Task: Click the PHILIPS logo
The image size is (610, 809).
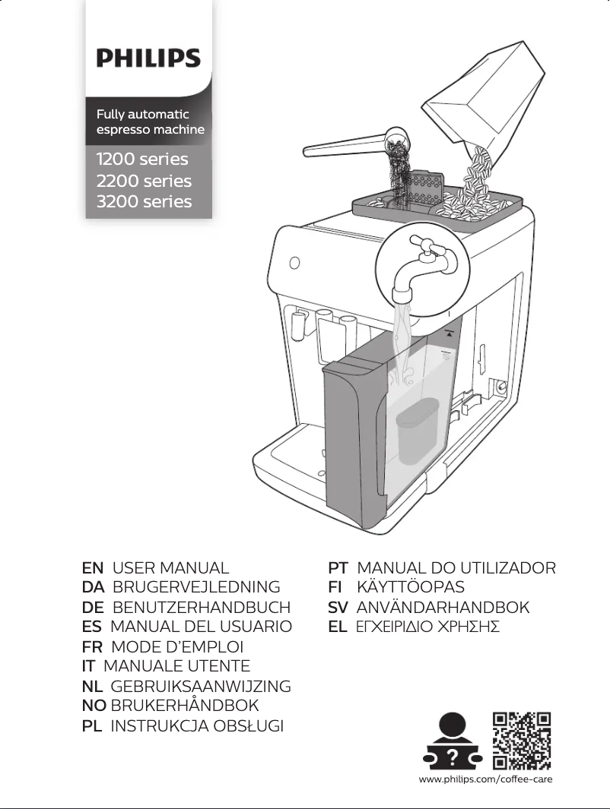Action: pos(148,58)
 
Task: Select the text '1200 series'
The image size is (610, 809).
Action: pos(142,160)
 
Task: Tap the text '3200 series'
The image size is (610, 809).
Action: pos(144,201)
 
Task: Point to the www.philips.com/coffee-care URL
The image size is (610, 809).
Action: pos(485,780)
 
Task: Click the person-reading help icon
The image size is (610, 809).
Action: pos(453,741)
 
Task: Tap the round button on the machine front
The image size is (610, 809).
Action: pos(294,264)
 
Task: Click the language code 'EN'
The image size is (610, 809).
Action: pos(92,568)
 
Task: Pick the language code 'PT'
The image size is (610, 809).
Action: pos(338,568)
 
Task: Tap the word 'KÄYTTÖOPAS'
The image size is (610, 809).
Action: pos(410,588)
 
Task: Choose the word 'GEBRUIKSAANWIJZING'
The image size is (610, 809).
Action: pos(201,687)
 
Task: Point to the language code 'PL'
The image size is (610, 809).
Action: pos(92,726)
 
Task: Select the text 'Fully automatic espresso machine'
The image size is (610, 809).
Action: pos(150,122)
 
